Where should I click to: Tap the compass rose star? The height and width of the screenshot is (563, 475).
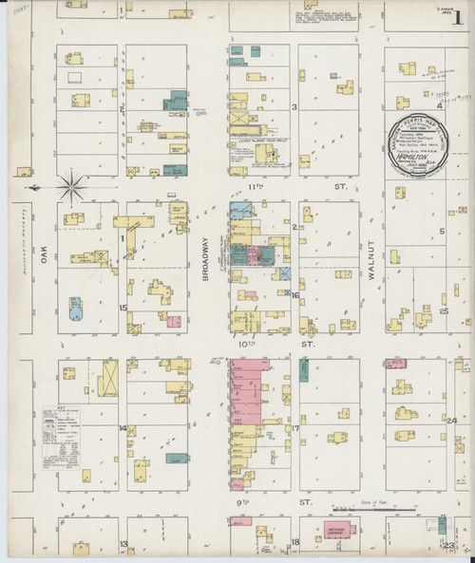pyautogui.click(x=71, y=186)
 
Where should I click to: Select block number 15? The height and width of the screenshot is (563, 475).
pyautogui.click(x=123, y=309)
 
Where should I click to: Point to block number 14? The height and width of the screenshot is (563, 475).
pyautogui.click(x=123, y=428)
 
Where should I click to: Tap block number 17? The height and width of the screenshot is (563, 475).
pyautogui.click(x=295, y=428)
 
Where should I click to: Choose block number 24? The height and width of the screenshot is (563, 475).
pyautogui.click(x=452, y=420)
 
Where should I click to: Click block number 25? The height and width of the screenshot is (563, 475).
pyautogui.click(x=444, y=310)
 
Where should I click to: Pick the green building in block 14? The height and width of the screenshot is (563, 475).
pyautogui.click(x=174, y=459)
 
